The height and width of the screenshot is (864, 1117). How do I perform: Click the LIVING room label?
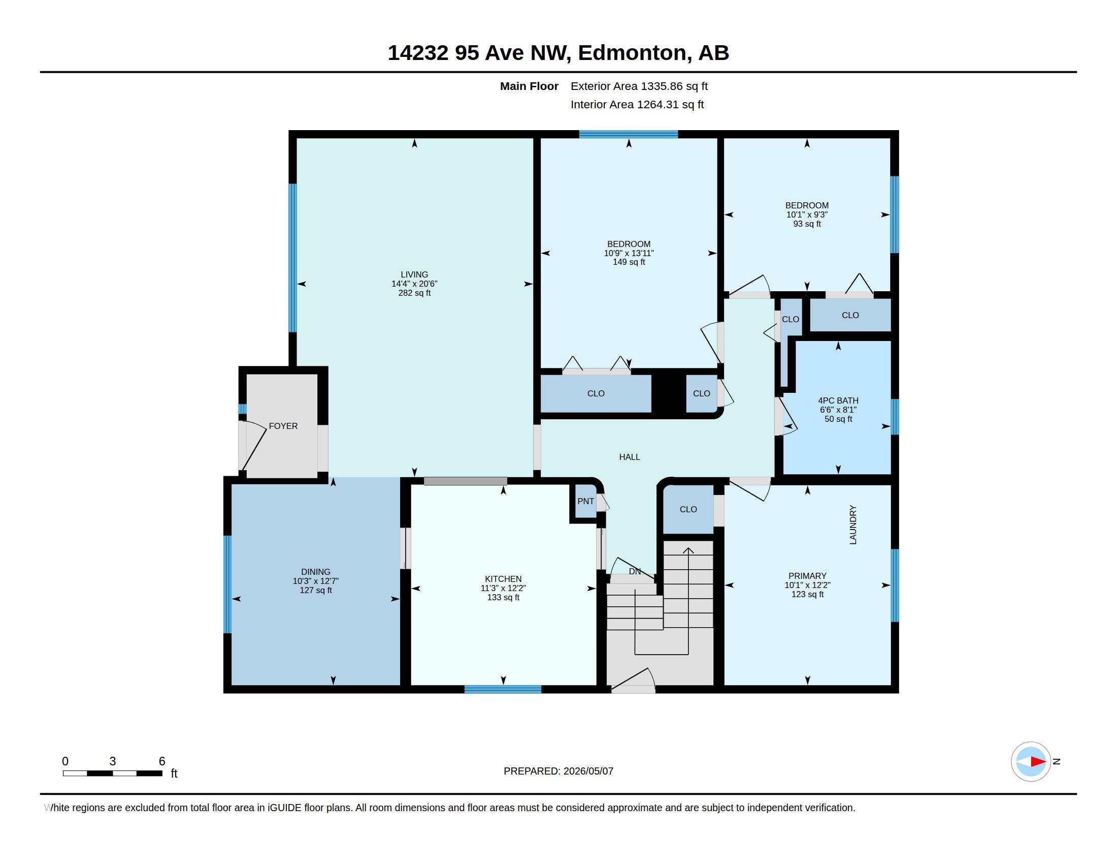(414, 275)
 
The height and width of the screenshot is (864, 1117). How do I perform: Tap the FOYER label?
(283, 426)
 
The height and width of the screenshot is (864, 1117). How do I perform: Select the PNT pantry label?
(585, 501)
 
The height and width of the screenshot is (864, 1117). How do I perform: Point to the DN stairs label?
(635, 571)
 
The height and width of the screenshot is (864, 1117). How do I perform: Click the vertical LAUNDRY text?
(853, 524)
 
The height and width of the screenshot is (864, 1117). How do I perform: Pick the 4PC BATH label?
(838, 401)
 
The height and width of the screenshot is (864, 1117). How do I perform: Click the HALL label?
(630, 457)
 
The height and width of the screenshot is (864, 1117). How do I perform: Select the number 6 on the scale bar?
(162, 761)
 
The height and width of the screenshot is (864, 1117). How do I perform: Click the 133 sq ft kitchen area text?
(503, 597)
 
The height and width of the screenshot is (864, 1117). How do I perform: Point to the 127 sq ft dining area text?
(316, 590)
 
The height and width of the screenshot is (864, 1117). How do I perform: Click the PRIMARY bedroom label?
(808, 576)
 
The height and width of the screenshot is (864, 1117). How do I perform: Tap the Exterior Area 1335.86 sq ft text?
(639, 86)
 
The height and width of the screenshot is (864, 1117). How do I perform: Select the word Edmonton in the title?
(632, 53)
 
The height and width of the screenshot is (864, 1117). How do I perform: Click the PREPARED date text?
(558, 771)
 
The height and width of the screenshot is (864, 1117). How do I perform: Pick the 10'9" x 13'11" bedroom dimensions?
(629, 253)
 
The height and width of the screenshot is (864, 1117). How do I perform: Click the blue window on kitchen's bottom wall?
(503, 689)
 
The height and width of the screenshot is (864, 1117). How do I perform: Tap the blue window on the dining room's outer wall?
(227, 584)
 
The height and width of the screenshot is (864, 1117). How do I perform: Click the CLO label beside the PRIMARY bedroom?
(688, 509)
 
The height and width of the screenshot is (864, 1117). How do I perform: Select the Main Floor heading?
(530, 86)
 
